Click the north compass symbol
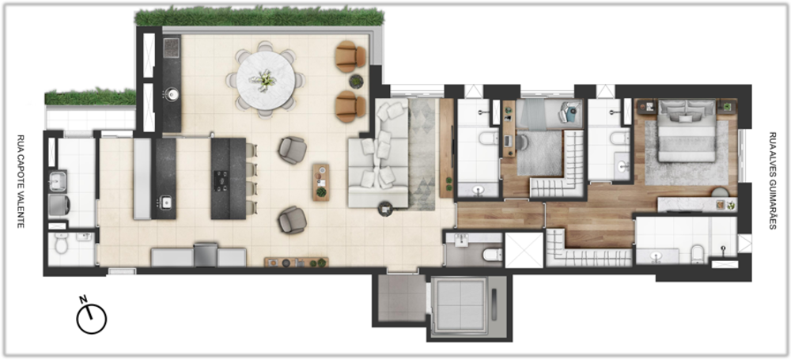[x=91, y=317]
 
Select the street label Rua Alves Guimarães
[x=772, y=181]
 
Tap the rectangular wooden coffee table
[x=320, y=182]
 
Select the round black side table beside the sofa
[x=386, y=209]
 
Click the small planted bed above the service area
[x=90, y=97]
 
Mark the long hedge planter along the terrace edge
[x=259, y=17]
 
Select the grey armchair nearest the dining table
[x=292, y=150]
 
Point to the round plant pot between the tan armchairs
[x=356, y=81]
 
